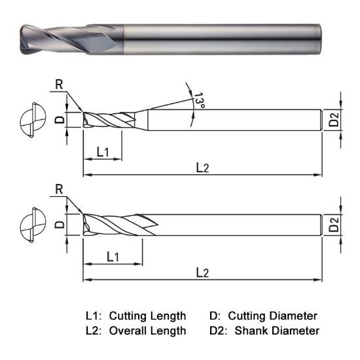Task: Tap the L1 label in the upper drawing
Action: coord(102,152)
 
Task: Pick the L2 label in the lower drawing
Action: coord(203,272)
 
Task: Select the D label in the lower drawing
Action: coord(58,225)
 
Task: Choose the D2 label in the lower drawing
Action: coord(334,225)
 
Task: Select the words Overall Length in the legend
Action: coord(147,331)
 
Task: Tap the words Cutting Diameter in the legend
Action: coord(273,315)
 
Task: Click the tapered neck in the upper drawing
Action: coord(141,120)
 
